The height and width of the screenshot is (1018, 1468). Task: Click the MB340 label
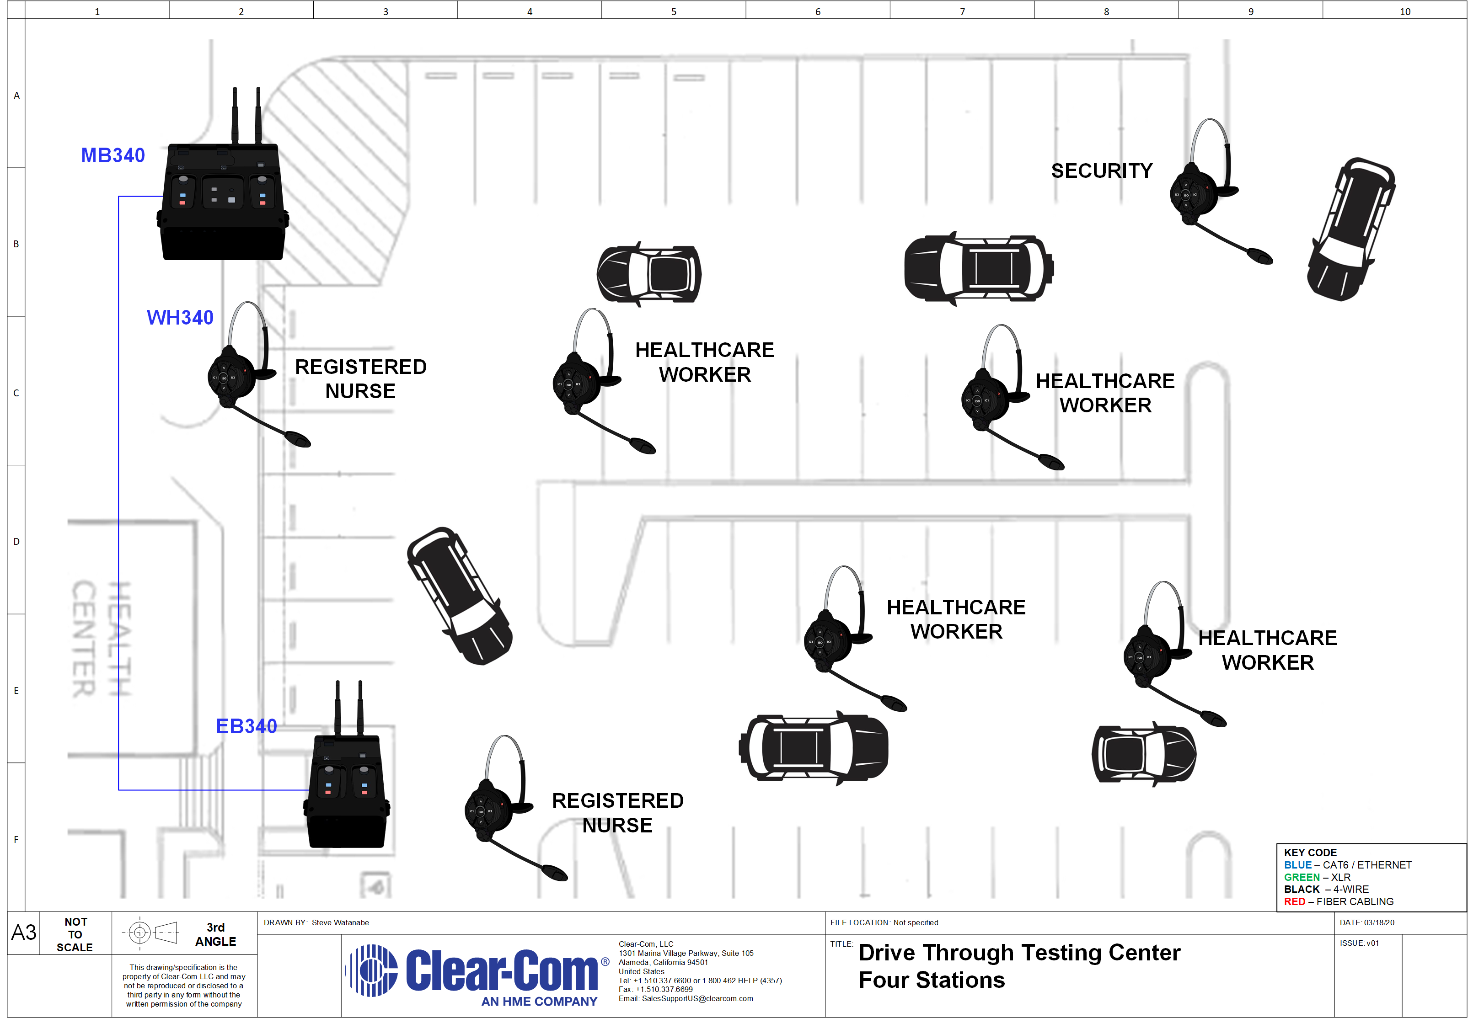tap(113, 155)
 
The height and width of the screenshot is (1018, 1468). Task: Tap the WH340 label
tap(180, 318)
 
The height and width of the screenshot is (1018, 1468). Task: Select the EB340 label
tap(246, 726)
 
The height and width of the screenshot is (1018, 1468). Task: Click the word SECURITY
tap(1102, 171)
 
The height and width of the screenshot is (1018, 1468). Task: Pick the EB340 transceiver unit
tap(347, 791)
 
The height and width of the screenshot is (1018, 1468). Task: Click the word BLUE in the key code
tap(1298, 865)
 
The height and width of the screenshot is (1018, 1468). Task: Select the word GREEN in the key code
tap(1302, 877)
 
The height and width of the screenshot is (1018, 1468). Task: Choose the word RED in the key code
tap(1295, 901)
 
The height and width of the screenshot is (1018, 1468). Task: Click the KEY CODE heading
tap(1310, 853)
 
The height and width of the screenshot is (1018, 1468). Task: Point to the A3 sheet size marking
tap(24, 933)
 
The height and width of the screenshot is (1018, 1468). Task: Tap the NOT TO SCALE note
tap(75, 934)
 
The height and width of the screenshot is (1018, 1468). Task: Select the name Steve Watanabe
tap(340, 922)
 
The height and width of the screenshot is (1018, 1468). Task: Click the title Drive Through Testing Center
tap(1019, 952)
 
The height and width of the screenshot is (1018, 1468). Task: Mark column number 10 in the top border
tap(1405, 11)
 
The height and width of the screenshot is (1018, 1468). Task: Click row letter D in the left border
tap(16, 542)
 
